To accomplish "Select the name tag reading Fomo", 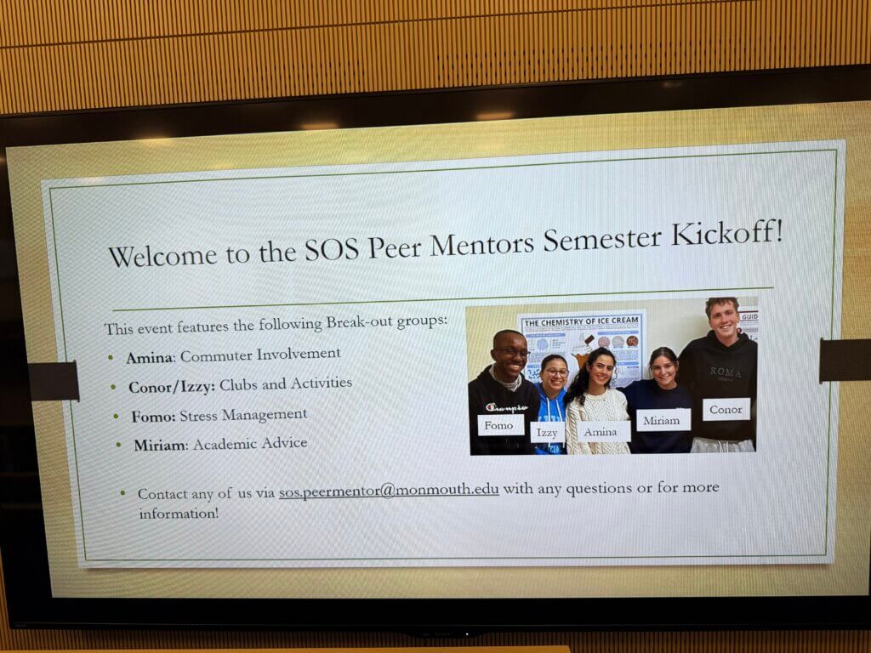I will (x=499, y=424).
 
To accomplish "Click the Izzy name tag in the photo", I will (x=547, y=433).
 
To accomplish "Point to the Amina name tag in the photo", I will (x=600, y=431).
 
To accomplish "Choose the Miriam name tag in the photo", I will (x=662, y=420).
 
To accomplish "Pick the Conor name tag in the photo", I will (x=726, y=409).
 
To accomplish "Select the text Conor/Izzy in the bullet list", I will (x=171, y=386).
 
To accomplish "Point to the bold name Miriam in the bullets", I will (x=159, y=445).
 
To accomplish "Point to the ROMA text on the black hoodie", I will (x=726, y=372).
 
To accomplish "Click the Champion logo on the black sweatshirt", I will (x=507, y=407).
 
